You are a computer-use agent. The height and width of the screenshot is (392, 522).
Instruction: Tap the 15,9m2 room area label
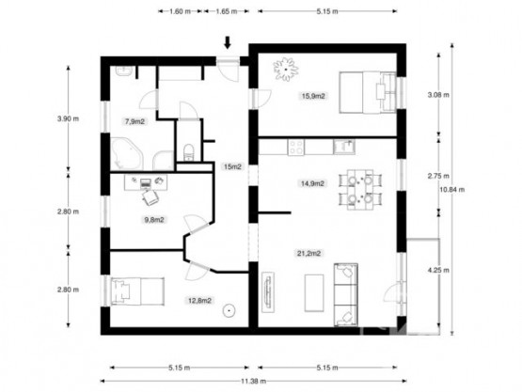pos(313,95)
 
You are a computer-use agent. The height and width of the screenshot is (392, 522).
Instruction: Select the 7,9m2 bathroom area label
pos(134,121)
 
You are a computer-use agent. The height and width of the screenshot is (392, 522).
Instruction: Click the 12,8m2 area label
pos(198,302)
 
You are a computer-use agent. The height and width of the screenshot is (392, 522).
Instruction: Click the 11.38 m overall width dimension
pos(250,380)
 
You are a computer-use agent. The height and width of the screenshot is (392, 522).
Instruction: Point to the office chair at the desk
pos(150,196)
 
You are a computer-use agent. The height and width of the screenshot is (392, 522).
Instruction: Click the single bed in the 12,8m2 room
pos(129,291)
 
